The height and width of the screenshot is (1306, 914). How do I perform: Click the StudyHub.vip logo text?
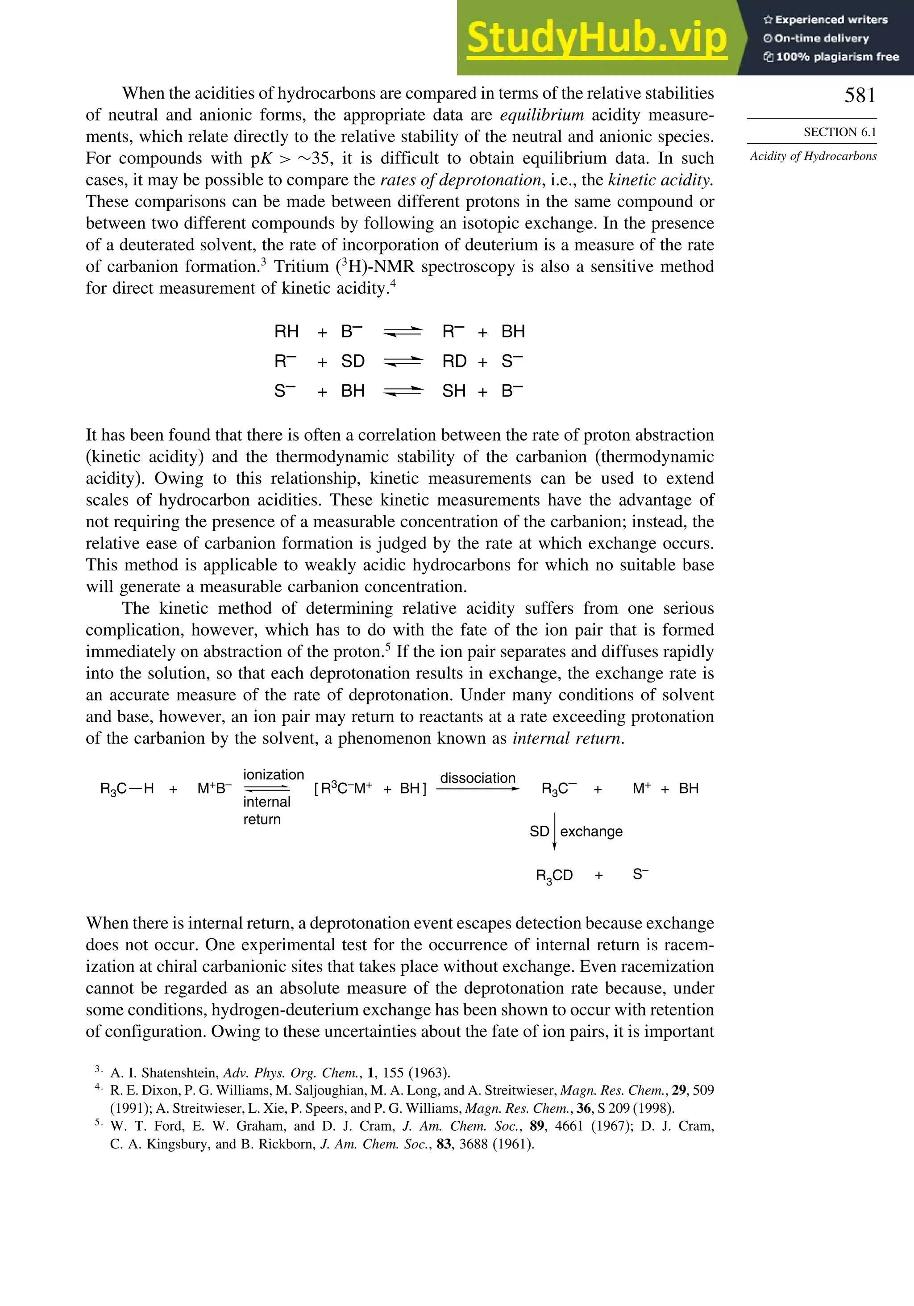pyautogui.click(x=596, y=37)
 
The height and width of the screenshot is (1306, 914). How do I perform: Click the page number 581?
pyautogui.click(x=860, y=96)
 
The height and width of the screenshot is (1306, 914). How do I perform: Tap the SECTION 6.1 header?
pyautogui.click(x=839, y=132)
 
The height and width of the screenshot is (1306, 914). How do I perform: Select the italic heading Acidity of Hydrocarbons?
pyautogui.click(x=813, y=156)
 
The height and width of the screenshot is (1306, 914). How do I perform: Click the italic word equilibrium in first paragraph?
pyautogui.click(x=541, y=115)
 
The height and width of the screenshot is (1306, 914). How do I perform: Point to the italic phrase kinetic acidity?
pyautogui.click(x=660, y=180)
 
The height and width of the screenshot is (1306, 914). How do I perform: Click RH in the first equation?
pyautogui.click(x=286, y=332)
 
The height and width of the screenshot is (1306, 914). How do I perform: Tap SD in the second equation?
pyautogui.click(x=353, y=361)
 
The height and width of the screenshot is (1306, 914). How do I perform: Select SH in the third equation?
pyautogui.click(x=454, y=391)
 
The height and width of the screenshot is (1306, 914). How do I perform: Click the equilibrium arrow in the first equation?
pyautogui.click(x=403, y=332)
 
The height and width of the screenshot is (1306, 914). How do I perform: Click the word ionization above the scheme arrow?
pyautogui.click(x=274, y=775)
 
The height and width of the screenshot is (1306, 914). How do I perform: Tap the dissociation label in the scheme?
pyautogui.click(x=478, y=778)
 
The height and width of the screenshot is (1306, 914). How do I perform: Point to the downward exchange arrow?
pyautogui.click(x=555, y=831)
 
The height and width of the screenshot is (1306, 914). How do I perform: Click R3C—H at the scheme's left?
pyautogui.click(x=127, y=789)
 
